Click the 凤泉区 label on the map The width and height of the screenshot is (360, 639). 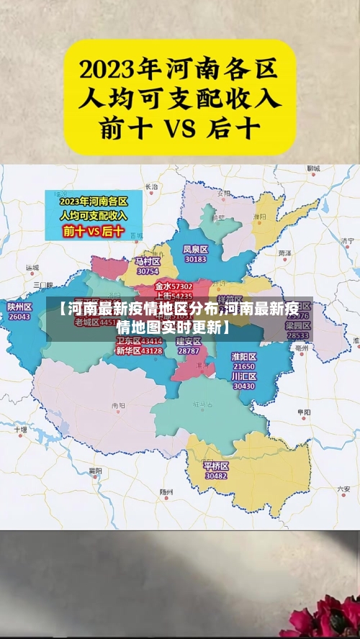coord(195,250)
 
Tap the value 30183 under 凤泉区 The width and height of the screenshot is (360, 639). coord(195,259)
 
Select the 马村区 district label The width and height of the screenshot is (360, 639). coord(147,261)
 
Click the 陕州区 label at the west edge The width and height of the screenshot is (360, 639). coord(19,307)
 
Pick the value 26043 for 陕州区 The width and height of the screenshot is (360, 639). coord(19,316)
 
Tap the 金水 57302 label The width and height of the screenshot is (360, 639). coord(174,286)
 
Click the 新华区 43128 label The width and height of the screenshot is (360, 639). coord(139,350)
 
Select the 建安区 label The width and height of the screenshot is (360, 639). coord(189,341)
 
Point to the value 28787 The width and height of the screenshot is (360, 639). coord(189,350)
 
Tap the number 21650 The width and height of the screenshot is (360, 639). coord(244,367)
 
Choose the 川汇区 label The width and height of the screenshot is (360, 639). coord(244,376)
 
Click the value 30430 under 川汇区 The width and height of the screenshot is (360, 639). coord(244,386)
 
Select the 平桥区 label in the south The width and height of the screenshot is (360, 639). coord(216,466)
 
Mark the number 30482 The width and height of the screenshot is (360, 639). coord(216,476)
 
